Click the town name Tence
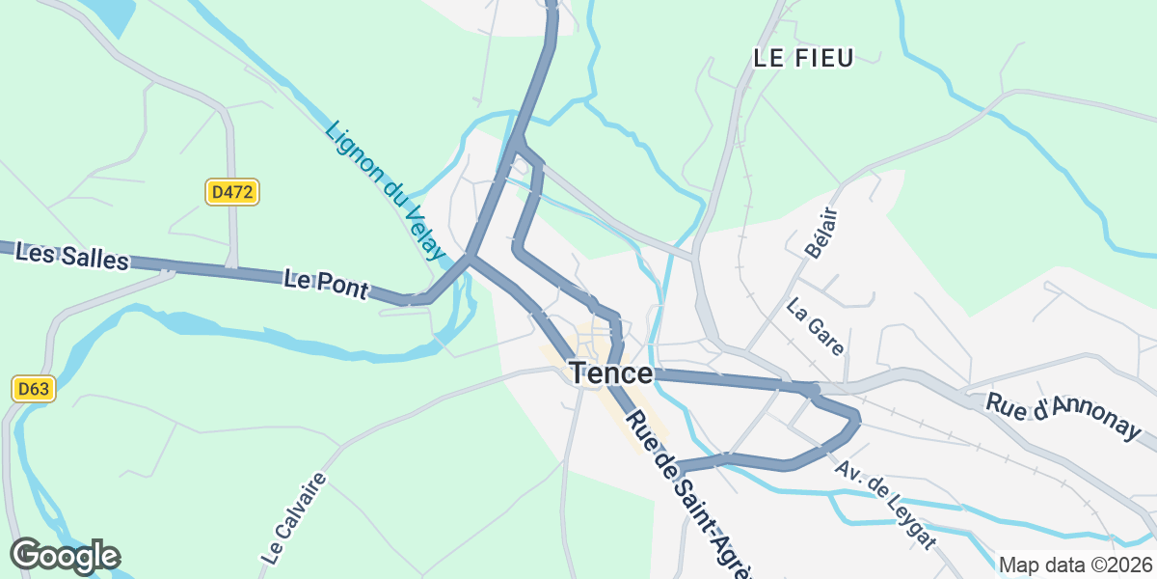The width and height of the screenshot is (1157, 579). tap(610, 373)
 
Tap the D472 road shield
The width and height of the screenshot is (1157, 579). tap(231, 192)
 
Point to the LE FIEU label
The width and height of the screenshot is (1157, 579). tap(803, 58)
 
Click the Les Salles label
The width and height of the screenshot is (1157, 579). tap(72, 258)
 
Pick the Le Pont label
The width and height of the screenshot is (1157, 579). tap(326, 284)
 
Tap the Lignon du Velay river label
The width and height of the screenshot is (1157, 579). tap(385, 191)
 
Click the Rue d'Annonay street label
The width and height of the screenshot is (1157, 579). tap(1063, 416)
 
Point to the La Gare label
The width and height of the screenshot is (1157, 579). tap(816, 327)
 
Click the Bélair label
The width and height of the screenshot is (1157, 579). tap(819, 233)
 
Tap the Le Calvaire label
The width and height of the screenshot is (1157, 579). tap(294, 517)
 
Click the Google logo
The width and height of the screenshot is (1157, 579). tap(66, 556)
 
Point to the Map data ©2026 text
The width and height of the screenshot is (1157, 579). tap(1074, 565)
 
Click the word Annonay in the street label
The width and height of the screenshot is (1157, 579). tap(1095, 422)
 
